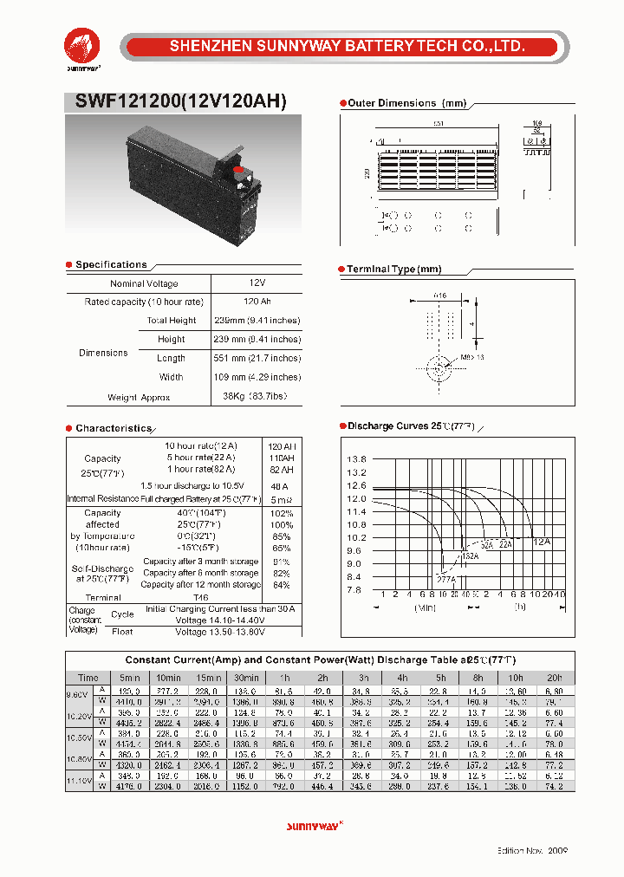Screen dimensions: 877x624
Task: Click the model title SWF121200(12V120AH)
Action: pos(174,101)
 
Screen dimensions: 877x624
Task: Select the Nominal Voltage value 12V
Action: pos(257,283)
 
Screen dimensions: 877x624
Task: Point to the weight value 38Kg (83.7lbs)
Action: pos(257,397)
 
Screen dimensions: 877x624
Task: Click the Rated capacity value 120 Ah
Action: pos(257,302)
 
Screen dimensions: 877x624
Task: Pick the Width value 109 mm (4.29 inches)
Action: pos(257,377)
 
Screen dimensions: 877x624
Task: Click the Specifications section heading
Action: pos(111,264)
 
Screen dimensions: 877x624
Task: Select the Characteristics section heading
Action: pos(113,428)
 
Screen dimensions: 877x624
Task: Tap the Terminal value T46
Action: pos(201,597)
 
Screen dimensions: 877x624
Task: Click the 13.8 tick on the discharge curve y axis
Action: pos(356,459)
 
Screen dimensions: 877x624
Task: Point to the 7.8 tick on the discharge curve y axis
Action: pos(356,590)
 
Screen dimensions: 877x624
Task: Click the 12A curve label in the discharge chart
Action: pos(541,541)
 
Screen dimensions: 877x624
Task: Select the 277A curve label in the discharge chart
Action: pos(445,578)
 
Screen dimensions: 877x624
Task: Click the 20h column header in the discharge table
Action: pos(554,678)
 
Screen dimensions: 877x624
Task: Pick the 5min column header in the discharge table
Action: pos(130,678)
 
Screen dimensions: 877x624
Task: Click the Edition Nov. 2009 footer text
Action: pos(532,852)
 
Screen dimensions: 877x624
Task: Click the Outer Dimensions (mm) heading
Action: pos(406,103)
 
